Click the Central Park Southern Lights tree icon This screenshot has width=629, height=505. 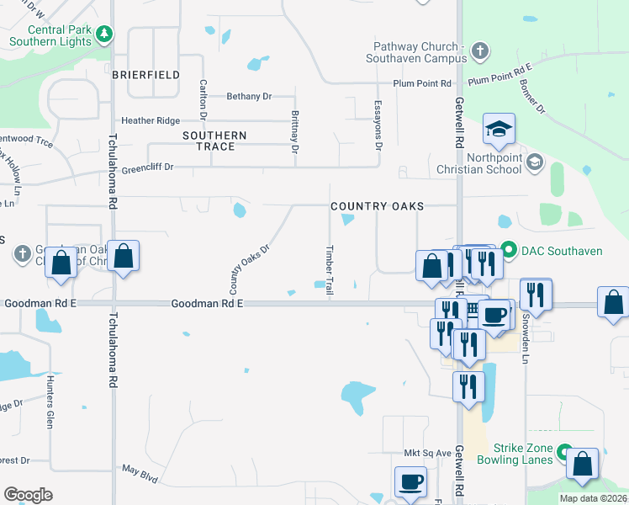(x=104, y=35)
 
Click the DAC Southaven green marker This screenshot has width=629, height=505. (x=508, y=251)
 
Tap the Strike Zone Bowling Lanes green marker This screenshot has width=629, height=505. (x=564, y=452)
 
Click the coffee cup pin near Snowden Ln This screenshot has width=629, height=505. (x=495, y=315)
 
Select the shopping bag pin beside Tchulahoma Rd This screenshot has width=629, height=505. (x=123, y=258)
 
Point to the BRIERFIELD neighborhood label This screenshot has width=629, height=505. (x=145, y=75)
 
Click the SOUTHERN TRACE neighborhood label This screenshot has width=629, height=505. (x=214, y=141)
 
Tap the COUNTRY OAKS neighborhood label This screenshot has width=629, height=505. (x=377, y=206)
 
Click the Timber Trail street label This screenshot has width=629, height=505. (x=330, y=269)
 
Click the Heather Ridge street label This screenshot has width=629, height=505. (x=151, y=121)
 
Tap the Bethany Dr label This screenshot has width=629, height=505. (x=249, y=97)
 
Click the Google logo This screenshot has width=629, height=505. (x=28, y=495)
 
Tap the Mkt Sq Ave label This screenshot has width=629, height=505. (x=427, y=453)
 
